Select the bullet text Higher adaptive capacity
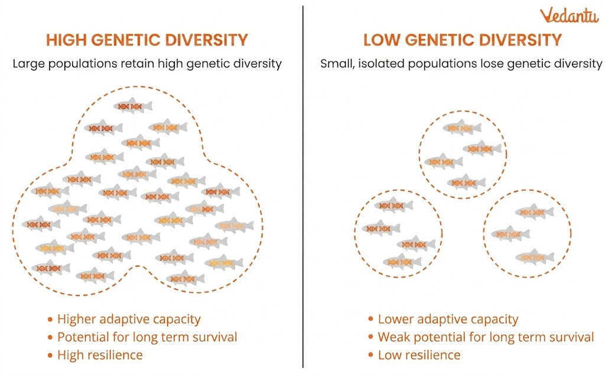(129, 320)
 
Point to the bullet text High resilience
(100, 355)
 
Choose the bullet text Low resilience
(419, 355)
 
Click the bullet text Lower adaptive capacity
(448, 320)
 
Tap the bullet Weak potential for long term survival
(486, 337)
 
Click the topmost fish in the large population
(132, 106)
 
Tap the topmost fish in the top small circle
(461, 127)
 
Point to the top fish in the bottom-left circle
(393, 205)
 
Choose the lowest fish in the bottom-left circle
(402, 261)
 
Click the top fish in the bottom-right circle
(534, 212)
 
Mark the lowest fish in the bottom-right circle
(534, 257)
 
